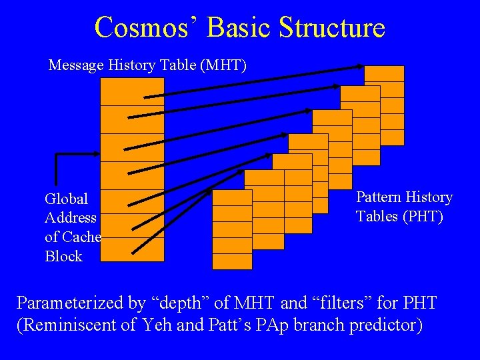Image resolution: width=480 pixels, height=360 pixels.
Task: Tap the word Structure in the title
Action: [x=331, y=27]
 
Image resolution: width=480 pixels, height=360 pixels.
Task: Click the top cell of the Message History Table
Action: [x=132, y=91]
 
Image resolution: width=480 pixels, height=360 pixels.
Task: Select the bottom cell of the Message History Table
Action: [x=132, y=250]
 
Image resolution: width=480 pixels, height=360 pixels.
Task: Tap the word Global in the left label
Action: [x=66, y=199]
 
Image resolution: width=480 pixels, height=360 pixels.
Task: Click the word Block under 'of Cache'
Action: [x=63, y=256]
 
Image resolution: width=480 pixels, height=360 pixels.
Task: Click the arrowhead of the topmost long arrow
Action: [x=361, y=66]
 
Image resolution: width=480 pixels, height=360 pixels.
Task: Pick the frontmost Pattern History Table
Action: [x=232, y=229]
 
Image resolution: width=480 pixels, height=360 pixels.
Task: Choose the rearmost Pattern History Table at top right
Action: [x=384, y=105]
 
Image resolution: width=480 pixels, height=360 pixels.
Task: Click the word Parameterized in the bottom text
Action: [x=71, y=303]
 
